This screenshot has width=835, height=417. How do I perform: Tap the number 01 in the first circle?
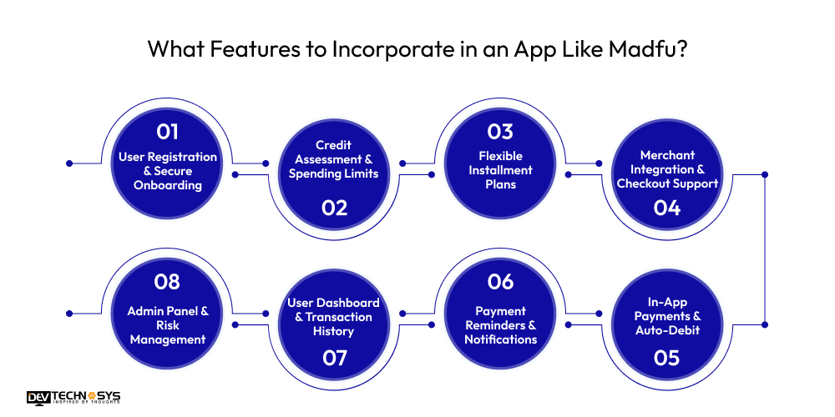point(167,132)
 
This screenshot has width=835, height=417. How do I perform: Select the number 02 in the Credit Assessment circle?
point(334,208)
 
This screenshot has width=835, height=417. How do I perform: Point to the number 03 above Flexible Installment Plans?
point(501,132)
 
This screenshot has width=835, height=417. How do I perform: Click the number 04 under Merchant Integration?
point(667,208)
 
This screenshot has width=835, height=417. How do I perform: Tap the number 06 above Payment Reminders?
point(501,282)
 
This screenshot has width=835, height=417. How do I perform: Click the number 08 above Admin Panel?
point(167,282)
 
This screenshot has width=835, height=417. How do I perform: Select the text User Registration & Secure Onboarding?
point(167,171)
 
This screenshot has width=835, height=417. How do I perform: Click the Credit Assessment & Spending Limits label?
point(334,159)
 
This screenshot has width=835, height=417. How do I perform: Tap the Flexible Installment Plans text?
point(501,169)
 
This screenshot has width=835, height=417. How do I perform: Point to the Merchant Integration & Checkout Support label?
point(667,169)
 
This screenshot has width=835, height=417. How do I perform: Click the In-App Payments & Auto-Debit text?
point(667,316)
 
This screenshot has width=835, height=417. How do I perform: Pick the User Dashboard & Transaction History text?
point(334,317)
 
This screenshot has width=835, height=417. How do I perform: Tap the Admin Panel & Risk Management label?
point(167,324)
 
